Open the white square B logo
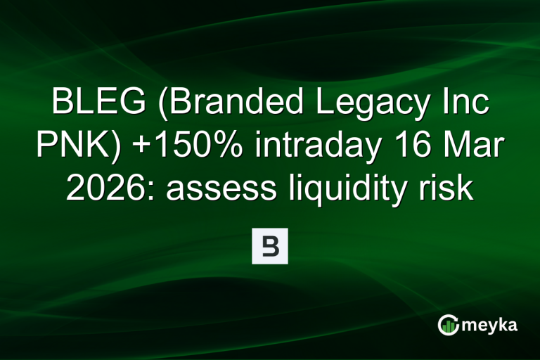click(270, 246)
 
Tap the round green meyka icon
click(447, 325)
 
